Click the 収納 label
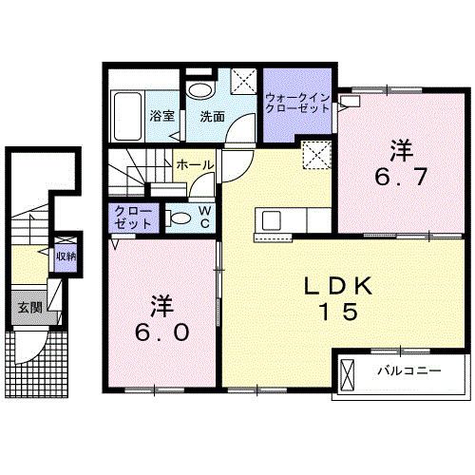click(x=64, y=256)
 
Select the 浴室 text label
click(x=161, y=117)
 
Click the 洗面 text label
click(x=211, y=117)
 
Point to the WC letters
click(x=204, y=217)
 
